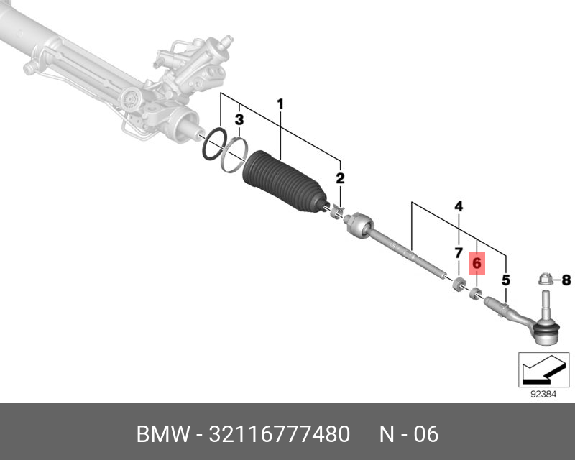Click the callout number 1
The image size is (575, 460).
click(x=280, y=106)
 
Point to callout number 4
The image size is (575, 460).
click(x=459, y=208)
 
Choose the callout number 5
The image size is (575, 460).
click(x=506, y=280)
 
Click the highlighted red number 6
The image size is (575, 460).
click(x=477, y=264)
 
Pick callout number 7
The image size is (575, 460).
click(x=458, y=253)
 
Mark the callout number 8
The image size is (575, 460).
click(x=566, y=280)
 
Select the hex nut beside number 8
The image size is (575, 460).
click(x=544, y=279)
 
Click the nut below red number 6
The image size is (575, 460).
click(x=474, y=293)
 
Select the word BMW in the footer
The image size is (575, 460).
click(x=161, y=435)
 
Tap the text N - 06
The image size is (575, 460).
click(x=408, y=435)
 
